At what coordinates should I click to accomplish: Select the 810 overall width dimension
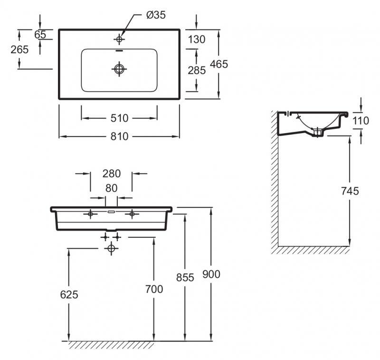point(120,136)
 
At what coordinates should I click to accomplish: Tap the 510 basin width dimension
point(120,117)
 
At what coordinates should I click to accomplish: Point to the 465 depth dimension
point(219,64)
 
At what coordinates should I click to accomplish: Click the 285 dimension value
point(197,71)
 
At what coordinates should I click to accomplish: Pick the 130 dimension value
point(197,39)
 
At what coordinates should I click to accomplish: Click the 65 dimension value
point(40,34)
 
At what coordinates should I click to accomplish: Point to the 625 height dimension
point(69,294)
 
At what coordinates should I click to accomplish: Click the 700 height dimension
point(153,289)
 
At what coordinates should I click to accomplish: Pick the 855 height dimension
point(185,277)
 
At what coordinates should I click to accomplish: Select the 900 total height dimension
point(211,274)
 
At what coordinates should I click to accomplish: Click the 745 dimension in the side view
point(350,191)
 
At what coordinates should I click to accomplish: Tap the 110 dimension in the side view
point(361,121)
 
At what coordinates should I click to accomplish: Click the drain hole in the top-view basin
point(119,69)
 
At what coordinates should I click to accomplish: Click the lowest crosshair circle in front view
point(112,248)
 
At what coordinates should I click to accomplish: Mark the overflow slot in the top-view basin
point(119,50)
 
